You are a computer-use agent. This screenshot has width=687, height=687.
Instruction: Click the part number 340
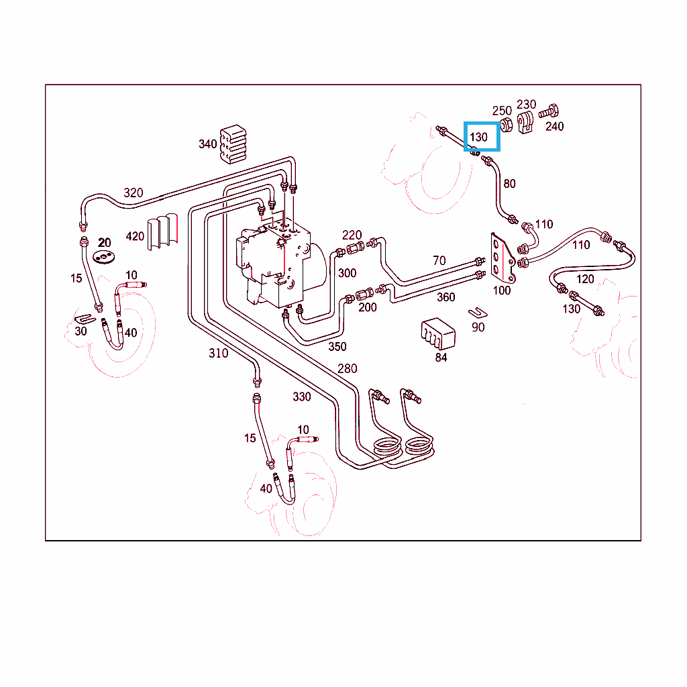pos(207,144)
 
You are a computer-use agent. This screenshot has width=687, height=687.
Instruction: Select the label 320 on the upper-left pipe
pos(134,193)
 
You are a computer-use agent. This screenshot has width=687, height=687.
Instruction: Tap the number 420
pos(135,236)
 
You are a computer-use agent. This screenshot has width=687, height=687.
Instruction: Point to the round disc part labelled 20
pos(105,257)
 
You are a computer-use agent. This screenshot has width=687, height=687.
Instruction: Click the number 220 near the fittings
pos(352,235)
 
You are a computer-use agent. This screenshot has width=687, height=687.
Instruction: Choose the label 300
pos(347,273)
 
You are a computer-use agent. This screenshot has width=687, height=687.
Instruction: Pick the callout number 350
pos(337,346)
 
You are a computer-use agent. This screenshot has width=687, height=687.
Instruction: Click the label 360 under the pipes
pos(445,297)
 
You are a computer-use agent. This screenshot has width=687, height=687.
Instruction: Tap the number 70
pos(439,260)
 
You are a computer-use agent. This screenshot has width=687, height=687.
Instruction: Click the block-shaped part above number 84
pos(437,333)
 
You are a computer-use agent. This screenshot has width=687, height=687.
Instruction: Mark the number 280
pos(348,368)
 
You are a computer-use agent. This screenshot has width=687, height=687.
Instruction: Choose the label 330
pos(302,397)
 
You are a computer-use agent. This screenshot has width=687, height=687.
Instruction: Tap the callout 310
pos(218,354)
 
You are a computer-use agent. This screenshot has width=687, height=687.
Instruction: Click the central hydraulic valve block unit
pos(275,262)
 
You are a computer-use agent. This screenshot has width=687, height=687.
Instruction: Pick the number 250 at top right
pos(502,111)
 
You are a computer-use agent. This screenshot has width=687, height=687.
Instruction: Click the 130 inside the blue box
pos(478,137)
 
